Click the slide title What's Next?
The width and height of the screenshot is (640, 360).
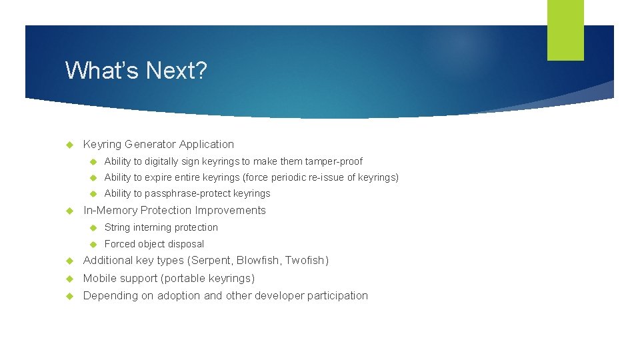(136, 70)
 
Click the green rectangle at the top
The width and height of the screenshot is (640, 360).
(565, 30)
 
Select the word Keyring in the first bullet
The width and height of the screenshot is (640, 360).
(102, 144)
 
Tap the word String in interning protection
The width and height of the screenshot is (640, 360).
(117, 227)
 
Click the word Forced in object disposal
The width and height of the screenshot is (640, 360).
(120, 244)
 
